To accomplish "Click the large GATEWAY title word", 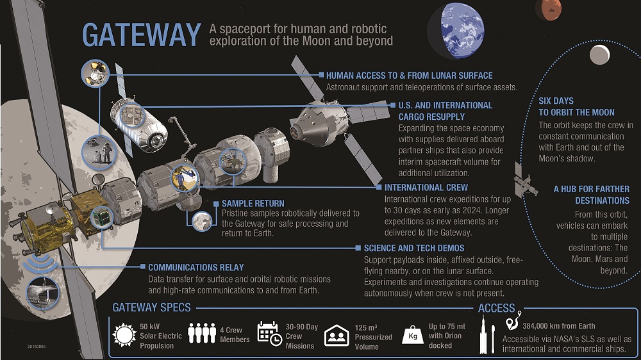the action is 142,35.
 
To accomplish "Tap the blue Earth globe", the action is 456,31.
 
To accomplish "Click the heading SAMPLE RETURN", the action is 253,204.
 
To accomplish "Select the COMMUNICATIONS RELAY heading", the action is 196,267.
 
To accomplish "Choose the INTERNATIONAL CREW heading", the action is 426,188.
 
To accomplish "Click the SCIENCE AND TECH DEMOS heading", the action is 414,248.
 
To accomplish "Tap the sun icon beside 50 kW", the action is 124,335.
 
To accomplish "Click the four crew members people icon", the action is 202,333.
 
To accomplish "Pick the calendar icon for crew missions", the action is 269,334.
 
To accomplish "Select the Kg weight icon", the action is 412,336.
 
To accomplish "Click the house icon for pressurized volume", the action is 337,336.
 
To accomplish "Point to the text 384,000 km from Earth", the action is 559,326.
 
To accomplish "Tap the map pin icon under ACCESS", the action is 513,321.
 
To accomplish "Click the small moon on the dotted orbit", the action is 599,54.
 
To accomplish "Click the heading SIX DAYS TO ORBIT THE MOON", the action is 576,106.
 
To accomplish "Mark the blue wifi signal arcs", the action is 40,265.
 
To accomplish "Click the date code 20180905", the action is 37,347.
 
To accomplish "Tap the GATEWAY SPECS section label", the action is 152,307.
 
